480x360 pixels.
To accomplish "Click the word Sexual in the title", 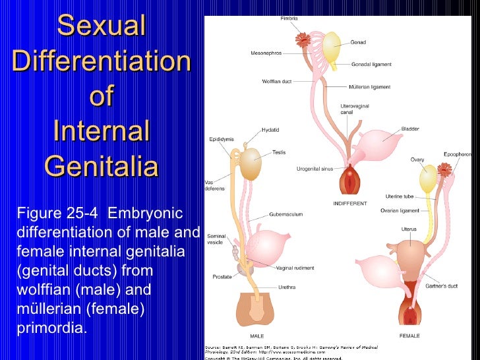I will [x=101, y=26].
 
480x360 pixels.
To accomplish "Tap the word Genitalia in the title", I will [x=101, y=166].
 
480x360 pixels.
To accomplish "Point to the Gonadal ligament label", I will [x=373, y=65].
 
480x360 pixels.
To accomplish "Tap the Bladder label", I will [x=410, y=129].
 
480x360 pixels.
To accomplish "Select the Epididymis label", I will [x=220, y=140].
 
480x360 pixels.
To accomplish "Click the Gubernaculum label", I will [x=286, y=214].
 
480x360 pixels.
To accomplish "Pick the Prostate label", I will [x=222, y=277].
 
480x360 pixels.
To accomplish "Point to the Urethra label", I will [x=287, y=287].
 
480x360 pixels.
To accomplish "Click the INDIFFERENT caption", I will [x=349, y=204].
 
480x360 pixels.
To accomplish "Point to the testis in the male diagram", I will [x=251, y=165].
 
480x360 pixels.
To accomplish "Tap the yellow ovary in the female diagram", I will [x=429, y=179].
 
